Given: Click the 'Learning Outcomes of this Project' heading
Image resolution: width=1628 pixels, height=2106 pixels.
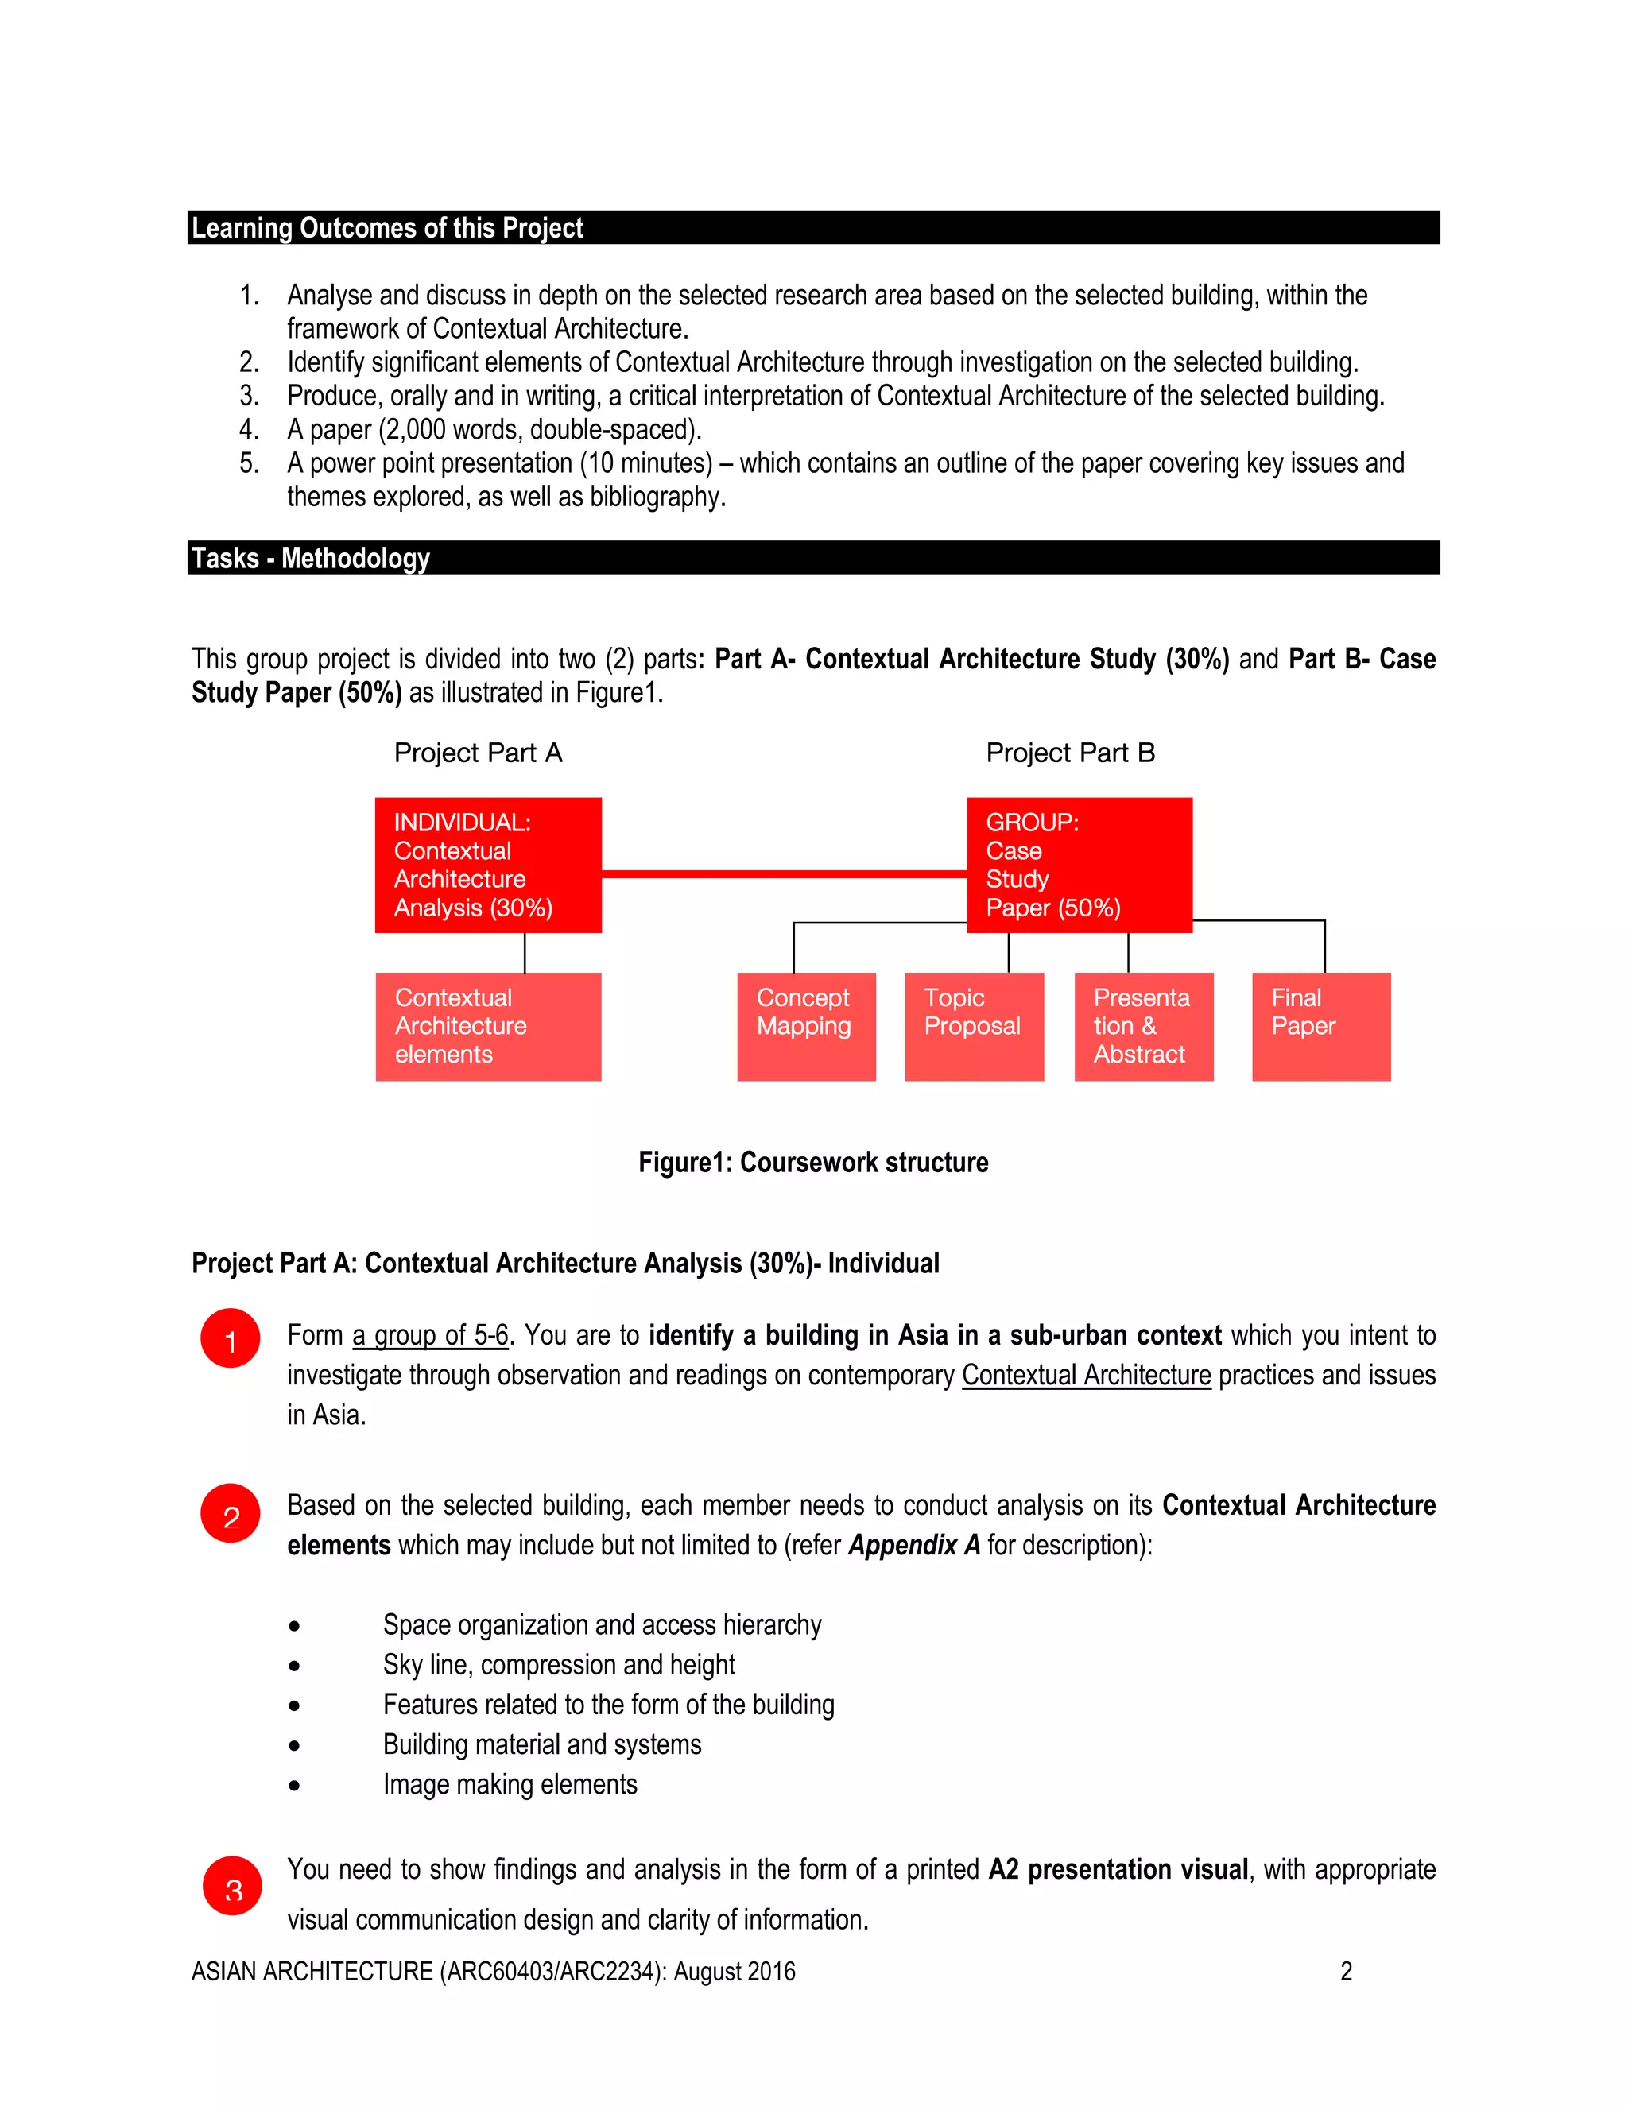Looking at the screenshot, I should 387,229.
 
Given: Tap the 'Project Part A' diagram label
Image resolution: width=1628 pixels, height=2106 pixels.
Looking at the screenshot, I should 478,753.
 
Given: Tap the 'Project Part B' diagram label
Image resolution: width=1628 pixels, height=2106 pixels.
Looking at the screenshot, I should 1070,753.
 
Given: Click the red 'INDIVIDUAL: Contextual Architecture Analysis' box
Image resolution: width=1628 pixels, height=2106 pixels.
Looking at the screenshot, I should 488,865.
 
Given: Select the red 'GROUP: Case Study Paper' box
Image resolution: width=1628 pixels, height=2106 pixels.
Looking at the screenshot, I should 1080,865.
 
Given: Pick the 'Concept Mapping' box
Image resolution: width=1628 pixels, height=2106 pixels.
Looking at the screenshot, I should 806,1026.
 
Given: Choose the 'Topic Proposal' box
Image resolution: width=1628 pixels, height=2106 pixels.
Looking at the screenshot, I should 974,1026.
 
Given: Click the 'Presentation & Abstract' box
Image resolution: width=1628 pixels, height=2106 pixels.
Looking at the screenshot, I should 1144,1026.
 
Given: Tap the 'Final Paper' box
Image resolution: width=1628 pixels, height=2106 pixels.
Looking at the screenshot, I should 1321,1026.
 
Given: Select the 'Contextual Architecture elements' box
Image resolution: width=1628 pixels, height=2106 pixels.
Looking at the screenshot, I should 488,1026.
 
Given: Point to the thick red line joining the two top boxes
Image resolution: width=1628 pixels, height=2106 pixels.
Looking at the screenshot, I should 783,873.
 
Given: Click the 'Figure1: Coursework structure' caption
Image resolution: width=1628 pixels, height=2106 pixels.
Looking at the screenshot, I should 813,1163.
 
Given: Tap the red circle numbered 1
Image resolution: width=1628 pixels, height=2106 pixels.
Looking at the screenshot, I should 231,1338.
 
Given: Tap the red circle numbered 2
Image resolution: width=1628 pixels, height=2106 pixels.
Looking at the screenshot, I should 231,1513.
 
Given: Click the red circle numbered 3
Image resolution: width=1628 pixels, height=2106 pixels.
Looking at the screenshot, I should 232,1885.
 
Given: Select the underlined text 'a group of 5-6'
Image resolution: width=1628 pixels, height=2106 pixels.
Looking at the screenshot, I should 430,1336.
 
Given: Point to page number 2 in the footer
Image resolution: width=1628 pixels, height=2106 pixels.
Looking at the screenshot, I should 1347,1972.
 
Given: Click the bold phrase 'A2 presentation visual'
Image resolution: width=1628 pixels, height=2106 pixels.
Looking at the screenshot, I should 1118,1870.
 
